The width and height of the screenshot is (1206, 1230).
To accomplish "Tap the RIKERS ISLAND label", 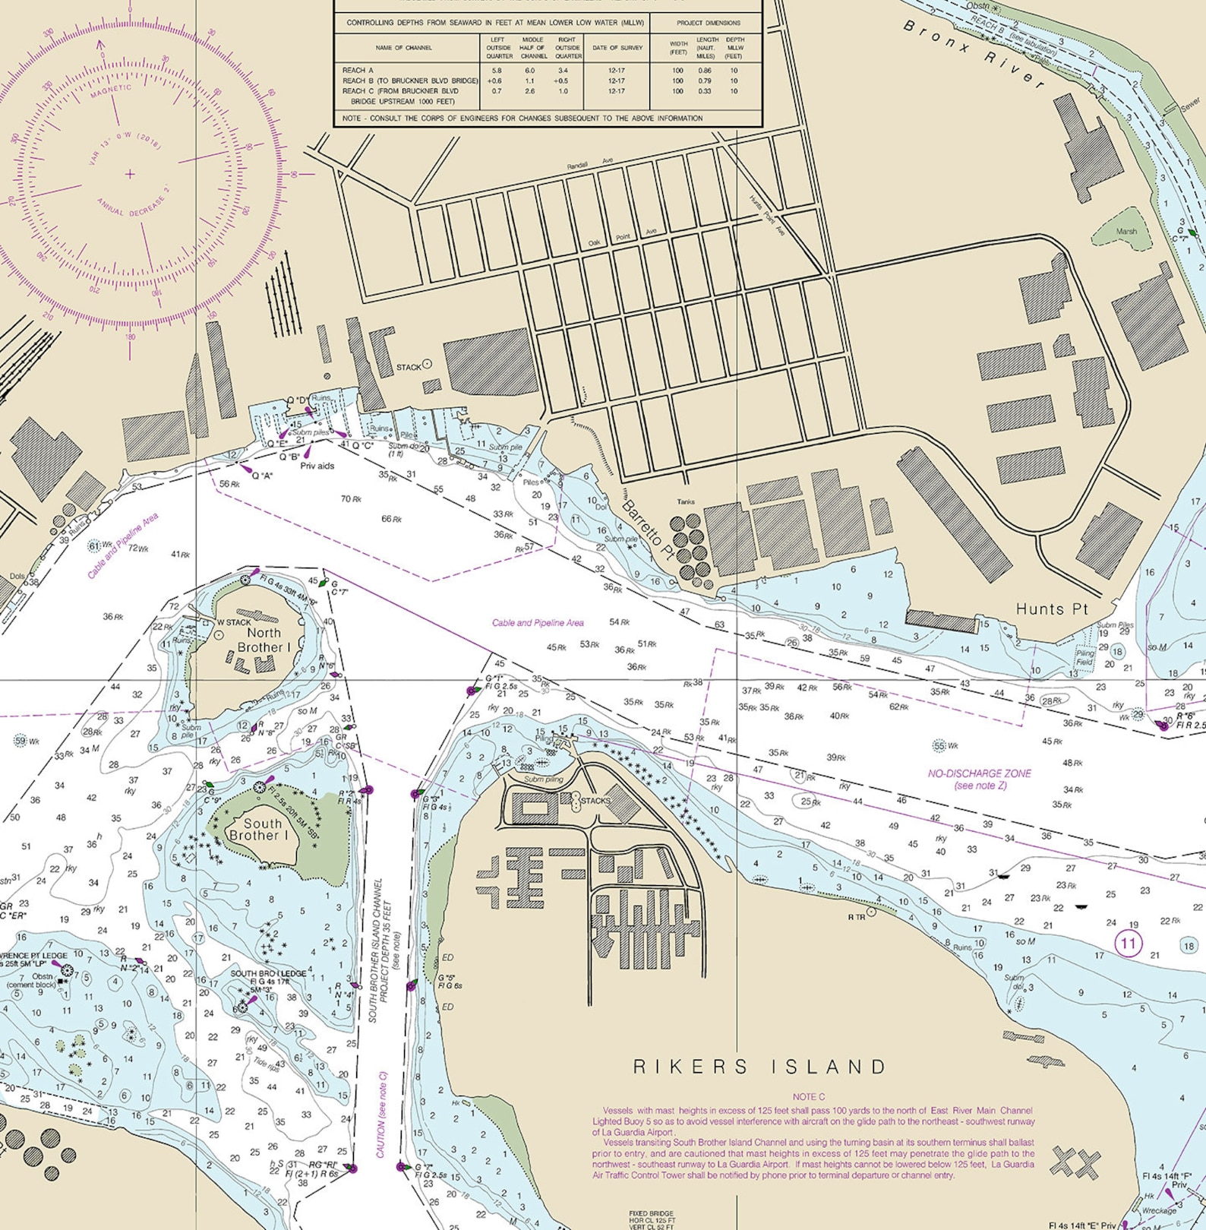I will click(x=759, y=1067).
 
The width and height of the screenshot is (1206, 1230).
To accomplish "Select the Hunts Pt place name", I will click(x=1052, y=609).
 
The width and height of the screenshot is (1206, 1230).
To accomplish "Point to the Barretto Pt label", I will click(x=648, y=530).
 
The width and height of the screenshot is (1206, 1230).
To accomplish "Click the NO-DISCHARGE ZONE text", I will click(x=980, y=773).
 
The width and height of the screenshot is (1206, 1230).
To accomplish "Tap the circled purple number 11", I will click(x=1128, y=944).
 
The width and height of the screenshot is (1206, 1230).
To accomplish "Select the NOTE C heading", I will click(x=808, y=1096).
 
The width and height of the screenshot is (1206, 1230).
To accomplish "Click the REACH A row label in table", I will click(x=358, y=70).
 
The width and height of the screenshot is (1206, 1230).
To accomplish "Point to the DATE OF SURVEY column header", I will click(x=617, y=48).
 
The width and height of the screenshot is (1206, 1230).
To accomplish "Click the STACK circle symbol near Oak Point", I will click(x=427, y=364).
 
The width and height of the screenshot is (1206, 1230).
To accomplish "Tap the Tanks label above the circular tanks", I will click(x=686, y=501).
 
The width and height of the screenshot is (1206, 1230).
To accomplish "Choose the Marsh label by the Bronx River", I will click(x=1126, y=231).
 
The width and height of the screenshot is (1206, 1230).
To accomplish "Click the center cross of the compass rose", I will click(x=130, y=174).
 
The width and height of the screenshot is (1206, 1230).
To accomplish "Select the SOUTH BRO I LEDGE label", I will click(x=268, y=973).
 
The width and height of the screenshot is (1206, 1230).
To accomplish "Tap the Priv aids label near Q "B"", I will click(x=317, y=466).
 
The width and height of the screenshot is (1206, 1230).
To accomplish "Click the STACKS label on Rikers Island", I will click(x=595, y=800).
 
